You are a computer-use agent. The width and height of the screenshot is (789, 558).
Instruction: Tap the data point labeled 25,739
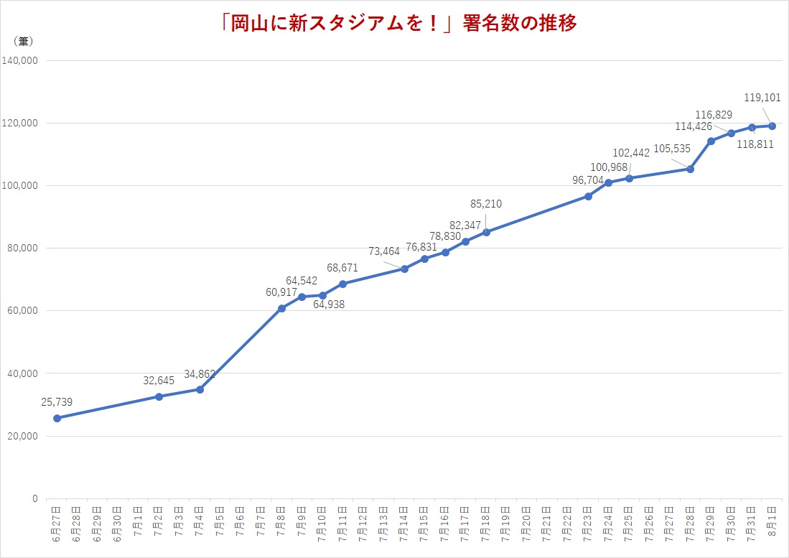pos(57,418)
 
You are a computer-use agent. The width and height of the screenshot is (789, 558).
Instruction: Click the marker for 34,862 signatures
pos(200,389)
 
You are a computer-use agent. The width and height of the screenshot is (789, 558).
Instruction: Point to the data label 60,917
pos(281,292)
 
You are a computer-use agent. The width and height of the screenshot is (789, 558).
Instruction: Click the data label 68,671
pos(342,268)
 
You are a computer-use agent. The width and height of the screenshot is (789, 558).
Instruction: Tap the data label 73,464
pos(384,251)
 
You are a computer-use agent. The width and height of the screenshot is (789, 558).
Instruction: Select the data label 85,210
pos(486,204)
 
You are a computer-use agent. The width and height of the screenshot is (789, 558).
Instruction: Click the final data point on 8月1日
pos(772,126)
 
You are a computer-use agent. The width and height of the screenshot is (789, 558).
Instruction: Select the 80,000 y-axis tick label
pos(23,248)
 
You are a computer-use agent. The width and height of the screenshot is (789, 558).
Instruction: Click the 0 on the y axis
pos(34,498)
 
